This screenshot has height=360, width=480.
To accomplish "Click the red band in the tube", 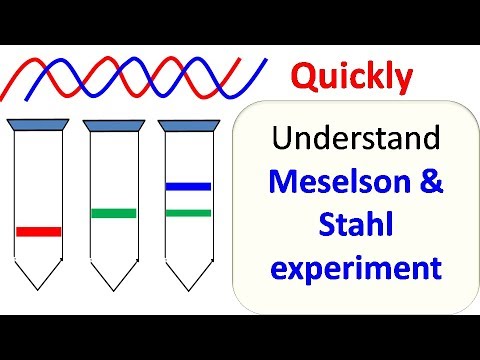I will [39, 231].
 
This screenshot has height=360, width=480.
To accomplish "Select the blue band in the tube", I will [188, 186].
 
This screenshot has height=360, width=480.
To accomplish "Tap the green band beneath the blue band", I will [188, 212].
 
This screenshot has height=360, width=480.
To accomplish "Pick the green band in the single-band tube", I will [113, 212].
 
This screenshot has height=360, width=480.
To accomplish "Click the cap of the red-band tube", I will [38, 124].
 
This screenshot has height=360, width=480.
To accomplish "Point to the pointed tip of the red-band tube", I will [39, 289].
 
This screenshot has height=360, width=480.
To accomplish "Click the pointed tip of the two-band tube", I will [188, 289].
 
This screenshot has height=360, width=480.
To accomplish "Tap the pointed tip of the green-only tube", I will [113, 289].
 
